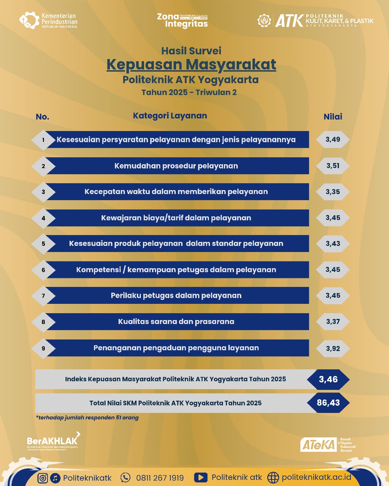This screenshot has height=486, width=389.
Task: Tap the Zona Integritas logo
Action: click(183, 21)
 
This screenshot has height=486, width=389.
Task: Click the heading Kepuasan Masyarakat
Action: click(191, 64)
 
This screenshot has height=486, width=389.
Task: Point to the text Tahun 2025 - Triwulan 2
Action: click(189, 93)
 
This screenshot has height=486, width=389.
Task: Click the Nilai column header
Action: click(333, 117)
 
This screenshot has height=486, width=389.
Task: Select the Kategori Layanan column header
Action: click(170, 116)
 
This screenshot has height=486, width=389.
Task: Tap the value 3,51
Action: click(333, 166)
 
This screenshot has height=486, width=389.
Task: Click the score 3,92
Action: click(333, 348)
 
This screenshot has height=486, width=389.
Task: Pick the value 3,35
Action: click(333, 192)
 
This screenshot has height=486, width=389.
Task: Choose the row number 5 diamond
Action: click(43, 244)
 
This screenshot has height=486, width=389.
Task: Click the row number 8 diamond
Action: click(43, 322)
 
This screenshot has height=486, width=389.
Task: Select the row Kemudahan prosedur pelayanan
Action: click(176, 166)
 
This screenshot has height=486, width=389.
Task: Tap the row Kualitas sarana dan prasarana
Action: click(176, 322)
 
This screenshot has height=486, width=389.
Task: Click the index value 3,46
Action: click(328, 379)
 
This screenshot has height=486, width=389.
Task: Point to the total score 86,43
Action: click(328, 403)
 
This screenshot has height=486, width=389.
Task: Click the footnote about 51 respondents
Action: click(87, 418)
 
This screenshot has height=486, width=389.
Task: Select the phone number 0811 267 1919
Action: click(160, 478)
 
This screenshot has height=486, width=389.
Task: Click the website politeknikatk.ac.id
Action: click(316, 477)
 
